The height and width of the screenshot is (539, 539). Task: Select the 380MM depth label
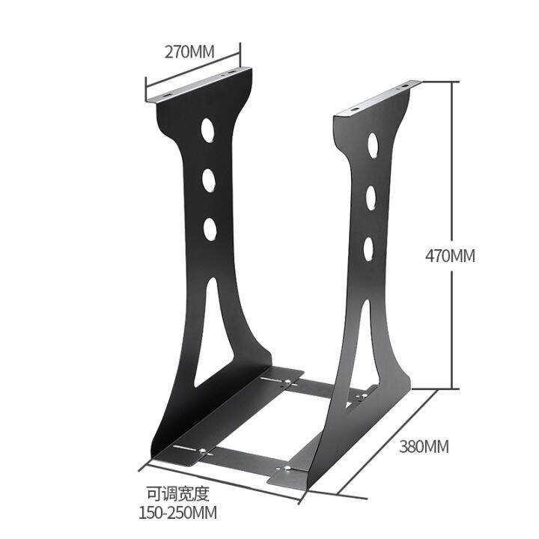click(424, 446)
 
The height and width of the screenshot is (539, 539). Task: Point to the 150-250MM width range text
click(177, 513)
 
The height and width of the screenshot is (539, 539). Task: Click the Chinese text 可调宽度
click(177, 493)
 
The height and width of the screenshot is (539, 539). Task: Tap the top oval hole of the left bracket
click(206, 131)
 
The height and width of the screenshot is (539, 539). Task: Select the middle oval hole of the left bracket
click(208, 180)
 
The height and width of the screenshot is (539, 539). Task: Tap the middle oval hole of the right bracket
click(370, 196)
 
